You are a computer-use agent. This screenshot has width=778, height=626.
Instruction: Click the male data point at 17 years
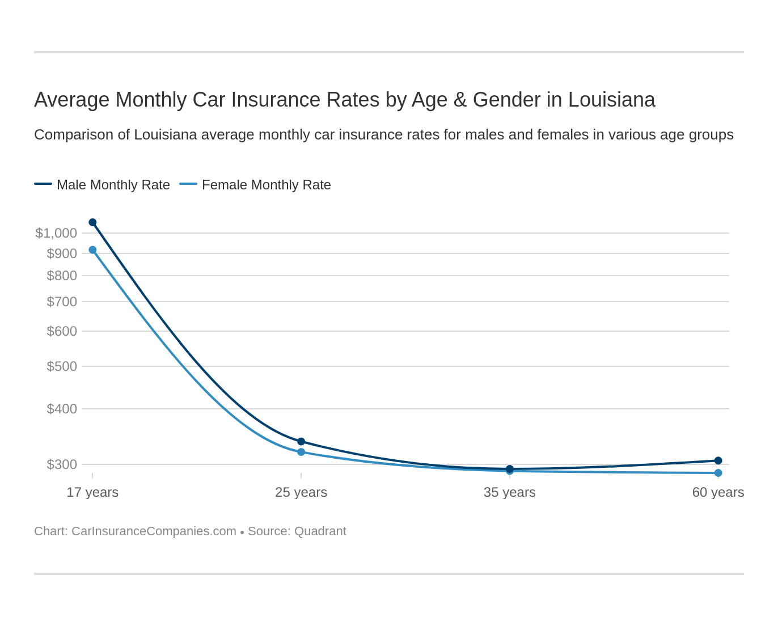pos(92,222)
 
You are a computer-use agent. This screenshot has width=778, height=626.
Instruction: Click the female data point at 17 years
pos(92,250)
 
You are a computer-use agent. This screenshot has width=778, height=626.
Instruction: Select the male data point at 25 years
pos(301,442)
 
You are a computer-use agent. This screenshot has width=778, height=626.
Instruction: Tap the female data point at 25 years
pos(301,452)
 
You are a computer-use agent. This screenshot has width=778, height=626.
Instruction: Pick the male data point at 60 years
pos(718,460)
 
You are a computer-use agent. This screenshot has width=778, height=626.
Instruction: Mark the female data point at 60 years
pos(718,473)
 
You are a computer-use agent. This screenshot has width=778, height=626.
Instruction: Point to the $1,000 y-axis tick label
pos(56,233)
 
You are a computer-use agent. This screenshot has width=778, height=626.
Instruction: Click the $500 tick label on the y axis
pos(62,366)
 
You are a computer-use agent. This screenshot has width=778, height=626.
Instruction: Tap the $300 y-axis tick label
pos(62,464)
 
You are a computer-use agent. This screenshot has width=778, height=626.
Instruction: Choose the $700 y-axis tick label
pos(62,302)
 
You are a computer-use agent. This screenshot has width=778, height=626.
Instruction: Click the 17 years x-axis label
pos(92,492)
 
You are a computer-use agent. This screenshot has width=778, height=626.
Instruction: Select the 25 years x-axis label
pos(301,492)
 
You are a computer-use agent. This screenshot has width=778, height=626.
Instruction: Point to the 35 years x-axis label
pos(509,492)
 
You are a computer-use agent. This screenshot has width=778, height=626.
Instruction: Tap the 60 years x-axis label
pos(717,492)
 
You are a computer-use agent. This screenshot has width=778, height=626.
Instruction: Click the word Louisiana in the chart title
pos(611,100)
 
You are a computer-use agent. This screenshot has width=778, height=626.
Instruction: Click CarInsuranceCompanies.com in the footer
pos(154,531)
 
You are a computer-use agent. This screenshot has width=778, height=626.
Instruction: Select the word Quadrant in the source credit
pos(320,531)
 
